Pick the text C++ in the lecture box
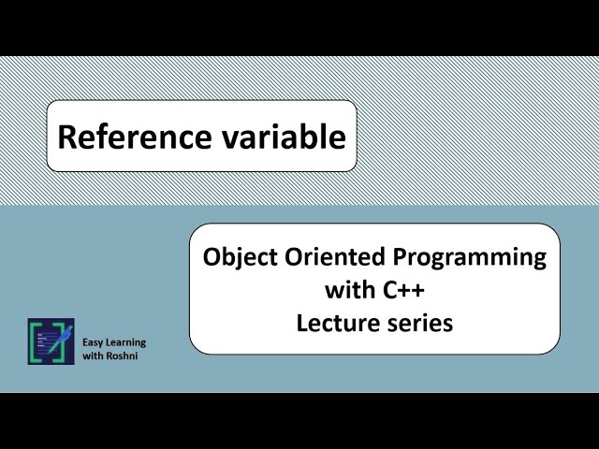pos(406,291)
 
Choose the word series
pos(418,324)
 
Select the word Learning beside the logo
pos(126,342)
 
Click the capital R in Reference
pos(66,138)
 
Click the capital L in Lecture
pos(302,324)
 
